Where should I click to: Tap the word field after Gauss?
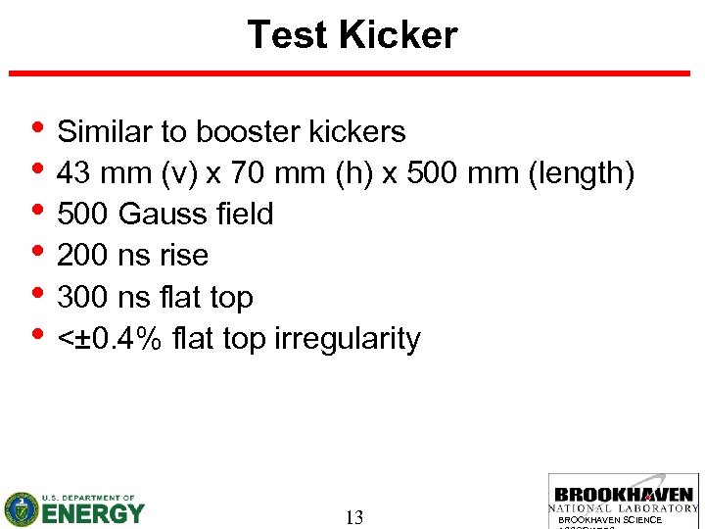243,214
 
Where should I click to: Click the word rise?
185,256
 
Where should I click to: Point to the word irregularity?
348,339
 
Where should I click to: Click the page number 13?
354,517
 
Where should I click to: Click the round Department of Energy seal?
21,508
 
